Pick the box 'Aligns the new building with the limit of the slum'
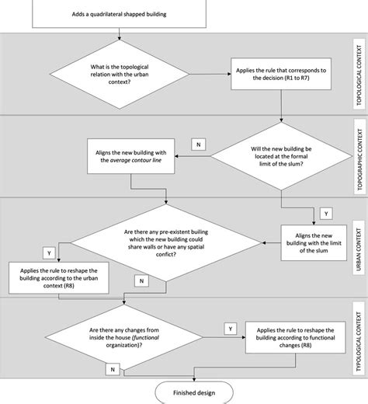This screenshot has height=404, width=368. pyautogui.click(x=313, y=240)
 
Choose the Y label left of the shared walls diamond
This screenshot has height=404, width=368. pyautogui.click(x=48, y=253)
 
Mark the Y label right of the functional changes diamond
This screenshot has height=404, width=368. pyautogui.click(x=231, y=329)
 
